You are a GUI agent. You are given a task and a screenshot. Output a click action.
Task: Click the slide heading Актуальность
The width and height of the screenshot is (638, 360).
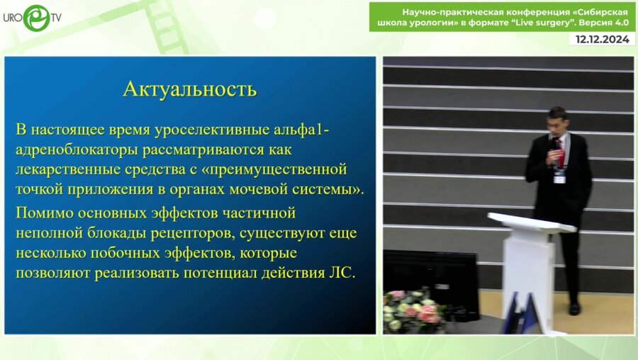click(x=189, y=89)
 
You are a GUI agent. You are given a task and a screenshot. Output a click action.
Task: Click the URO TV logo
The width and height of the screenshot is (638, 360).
click(x=33, y=18)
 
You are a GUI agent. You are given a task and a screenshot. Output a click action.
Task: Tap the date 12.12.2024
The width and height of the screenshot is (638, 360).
click(x=602, y=40)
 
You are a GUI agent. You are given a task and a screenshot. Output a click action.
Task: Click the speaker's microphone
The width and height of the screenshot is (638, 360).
click(x=554, y=145)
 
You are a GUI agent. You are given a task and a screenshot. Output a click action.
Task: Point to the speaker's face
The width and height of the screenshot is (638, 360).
click(x=559, y=123)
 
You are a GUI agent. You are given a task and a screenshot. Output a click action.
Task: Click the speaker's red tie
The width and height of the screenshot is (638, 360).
click(x=560, y=150)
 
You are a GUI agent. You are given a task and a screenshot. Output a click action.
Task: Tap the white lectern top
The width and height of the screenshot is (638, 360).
click(x=531, y=222)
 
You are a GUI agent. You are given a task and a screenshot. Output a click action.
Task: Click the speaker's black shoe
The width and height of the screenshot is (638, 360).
click(x=574, y=309)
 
